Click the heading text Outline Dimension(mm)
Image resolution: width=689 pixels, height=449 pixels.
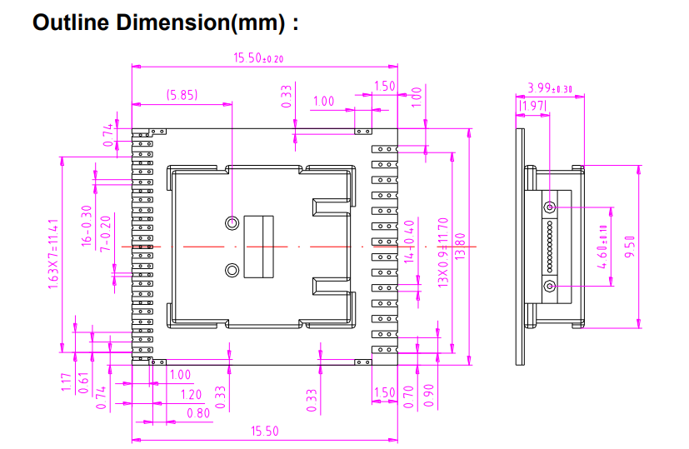[x=165, y=22]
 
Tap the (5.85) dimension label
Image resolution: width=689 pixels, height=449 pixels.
[x=182, y=95]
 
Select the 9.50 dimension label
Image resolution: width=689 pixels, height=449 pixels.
[x=631, y=247]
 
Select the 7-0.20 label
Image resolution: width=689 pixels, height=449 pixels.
[x=104, y=235]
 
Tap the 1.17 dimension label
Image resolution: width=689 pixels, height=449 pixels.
[x=66, y=383]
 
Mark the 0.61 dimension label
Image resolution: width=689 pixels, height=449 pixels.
[x=84, y=384]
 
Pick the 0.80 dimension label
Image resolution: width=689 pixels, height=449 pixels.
[x=198, y=412]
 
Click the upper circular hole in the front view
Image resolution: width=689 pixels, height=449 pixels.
[x=232, y=223]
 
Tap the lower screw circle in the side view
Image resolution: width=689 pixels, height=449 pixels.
[x=550, y=287]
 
